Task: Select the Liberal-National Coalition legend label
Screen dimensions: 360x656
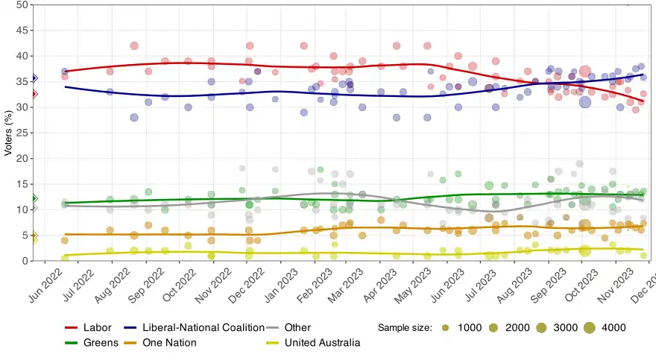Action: point(204,327)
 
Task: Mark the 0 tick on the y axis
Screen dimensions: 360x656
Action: point(27,261)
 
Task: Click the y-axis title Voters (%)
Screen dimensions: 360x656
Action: point(9,133)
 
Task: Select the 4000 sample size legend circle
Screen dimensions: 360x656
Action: point(590,327)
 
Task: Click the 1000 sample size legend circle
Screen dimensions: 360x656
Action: point(446,327)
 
